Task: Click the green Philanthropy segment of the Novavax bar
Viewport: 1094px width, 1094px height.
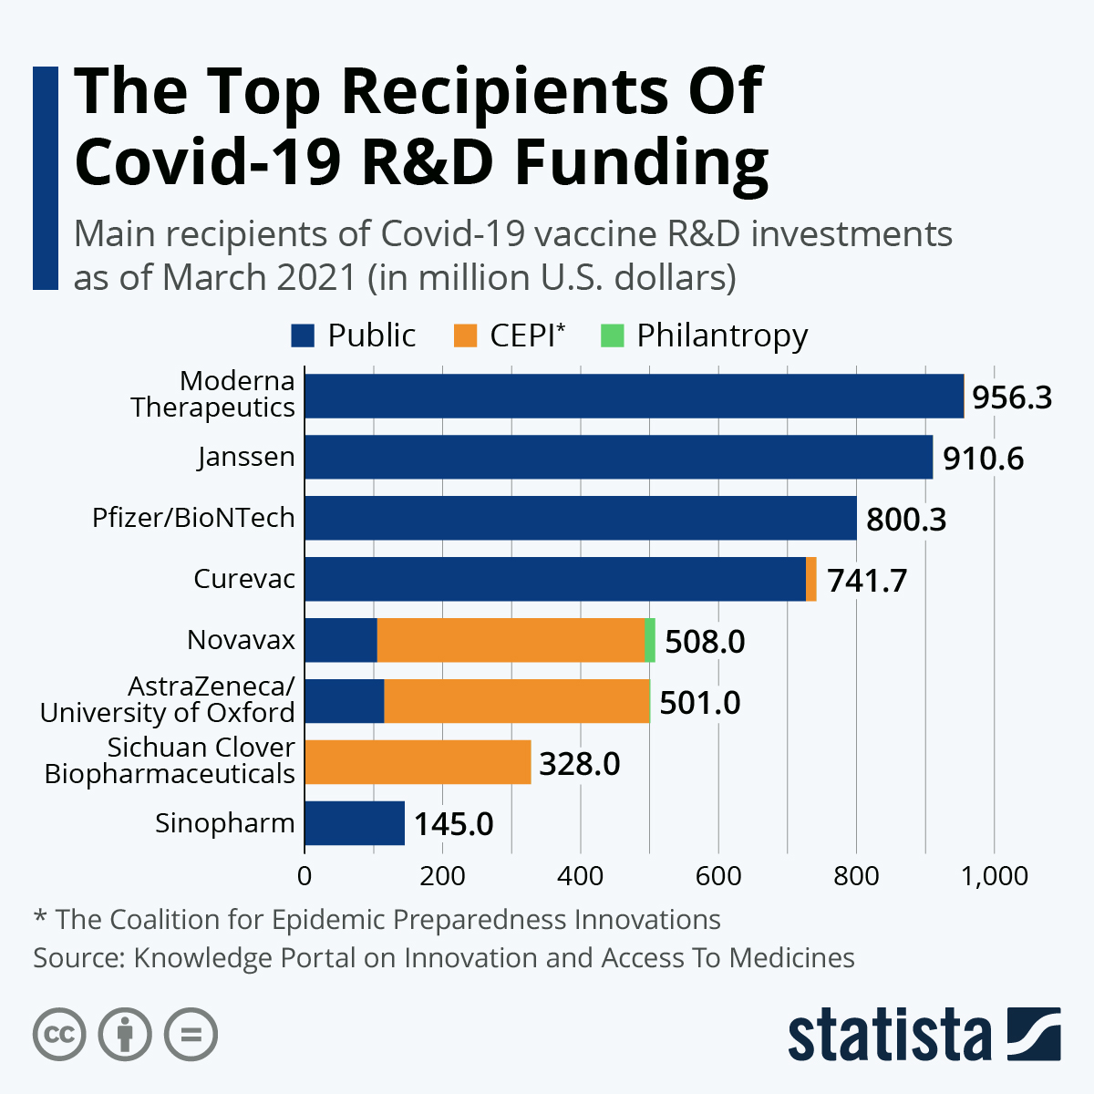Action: tap(650, 640)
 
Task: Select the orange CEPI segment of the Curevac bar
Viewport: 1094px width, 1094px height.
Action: tap(811, 579)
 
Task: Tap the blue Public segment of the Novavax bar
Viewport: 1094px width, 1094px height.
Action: tap(341, 640)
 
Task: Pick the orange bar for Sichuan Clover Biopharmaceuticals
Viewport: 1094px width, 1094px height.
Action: tap(418, 762)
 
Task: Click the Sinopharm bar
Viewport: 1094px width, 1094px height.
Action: tap(355, 823)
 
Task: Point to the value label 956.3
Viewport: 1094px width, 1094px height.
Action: tap(1012, 397)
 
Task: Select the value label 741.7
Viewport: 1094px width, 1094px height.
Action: tap(867, 581)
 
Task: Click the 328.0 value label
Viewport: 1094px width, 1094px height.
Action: tap(580, 764)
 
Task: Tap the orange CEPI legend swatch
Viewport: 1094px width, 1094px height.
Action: tap(465, 335)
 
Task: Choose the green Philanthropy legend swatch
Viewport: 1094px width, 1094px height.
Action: tap(613, 335)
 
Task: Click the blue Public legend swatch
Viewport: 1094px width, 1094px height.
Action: tap(303, 335)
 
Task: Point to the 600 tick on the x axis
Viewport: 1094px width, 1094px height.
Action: tap(718, 876)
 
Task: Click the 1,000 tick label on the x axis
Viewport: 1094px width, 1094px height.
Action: tap(994, 876)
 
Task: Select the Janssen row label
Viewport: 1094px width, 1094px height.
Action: tap(246, 458)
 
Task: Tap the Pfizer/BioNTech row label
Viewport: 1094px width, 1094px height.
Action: tap(193, 518)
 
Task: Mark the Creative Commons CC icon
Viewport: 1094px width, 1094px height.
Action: tap(59, 1035)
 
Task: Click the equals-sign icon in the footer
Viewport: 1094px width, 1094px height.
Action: tap(191, 1035)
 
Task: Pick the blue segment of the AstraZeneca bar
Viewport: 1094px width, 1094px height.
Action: tap(345, 701)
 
